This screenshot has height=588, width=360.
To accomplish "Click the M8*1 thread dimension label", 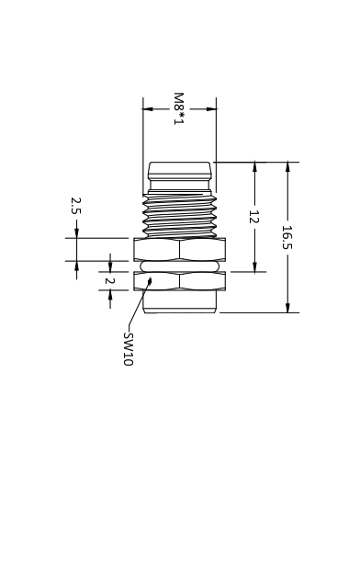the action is click(x=178, y=108).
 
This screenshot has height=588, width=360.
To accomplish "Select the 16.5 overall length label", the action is click(x=287, y=237).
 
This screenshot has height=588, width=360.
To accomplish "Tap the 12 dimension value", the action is click(x=254, y=217).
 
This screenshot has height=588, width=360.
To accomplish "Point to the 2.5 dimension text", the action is click(x=75, y=206).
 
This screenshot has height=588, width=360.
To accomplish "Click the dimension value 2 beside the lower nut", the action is click(x=109, y=280).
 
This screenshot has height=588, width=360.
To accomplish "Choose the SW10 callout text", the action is click(x=129, y=349).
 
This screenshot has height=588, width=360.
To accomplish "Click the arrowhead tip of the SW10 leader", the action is click(x=152, y=277).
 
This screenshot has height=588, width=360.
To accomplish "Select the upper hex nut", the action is click(x=180, y=249).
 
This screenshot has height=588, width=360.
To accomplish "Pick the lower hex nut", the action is click(x=180, y=280).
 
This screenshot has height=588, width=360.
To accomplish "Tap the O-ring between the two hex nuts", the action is click(x=180, y=266).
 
